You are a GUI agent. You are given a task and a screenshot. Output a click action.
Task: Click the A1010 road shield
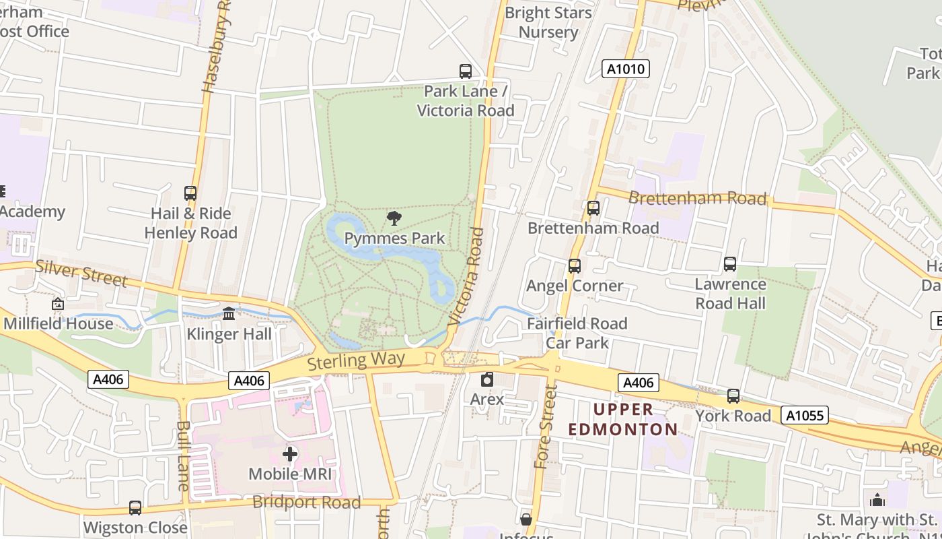(x=625, y=69)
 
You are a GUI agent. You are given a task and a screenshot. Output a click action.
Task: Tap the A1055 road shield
(x=805, y=415)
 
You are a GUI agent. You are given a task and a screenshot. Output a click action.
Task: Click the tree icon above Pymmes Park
(x=394, y=218)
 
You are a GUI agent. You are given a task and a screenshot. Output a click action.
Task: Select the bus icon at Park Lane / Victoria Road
(x=465, y=71)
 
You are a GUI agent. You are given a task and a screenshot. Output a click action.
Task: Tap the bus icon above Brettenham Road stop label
(x=593, y=208)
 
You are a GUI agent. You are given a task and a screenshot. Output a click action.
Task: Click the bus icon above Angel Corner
(x=574, y=266)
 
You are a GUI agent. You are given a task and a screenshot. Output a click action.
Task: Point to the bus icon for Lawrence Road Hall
(x=730, y=264)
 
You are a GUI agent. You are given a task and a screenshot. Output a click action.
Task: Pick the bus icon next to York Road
(x=733, y=396)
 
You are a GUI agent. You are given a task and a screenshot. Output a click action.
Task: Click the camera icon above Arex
(x=487, y=379)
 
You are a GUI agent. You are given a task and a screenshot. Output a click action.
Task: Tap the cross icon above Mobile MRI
(x=290, y=454)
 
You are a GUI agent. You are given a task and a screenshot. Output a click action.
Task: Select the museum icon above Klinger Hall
(x=229, y=314)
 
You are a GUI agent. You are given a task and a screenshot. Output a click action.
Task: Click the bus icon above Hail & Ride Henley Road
(x=190, y=193)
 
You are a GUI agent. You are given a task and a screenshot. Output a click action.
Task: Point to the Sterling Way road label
(x=356, y=360)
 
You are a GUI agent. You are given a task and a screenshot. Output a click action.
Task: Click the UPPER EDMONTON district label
(x=623, y=420)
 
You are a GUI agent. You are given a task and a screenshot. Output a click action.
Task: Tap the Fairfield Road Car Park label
(x=577, y=333)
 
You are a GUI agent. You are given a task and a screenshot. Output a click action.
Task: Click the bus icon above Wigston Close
(x=135, y=507)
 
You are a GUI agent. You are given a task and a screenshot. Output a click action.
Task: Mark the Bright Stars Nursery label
(x=548, y=22)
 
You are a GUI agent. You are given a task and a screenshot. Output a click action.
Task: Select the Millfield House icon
(x=58, y=305)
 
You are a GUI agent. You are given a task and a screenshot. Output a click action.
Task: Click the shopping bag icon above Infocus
(x=526, y=519)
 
